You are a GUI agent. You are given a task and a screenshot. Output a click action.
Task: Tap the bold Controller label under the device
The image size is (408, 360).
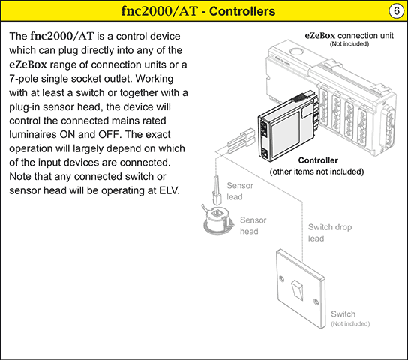[x=318, y=160]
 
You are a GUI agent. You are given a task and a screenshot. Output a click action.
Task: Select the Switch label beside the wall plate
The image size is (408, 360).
[x=343, y=313]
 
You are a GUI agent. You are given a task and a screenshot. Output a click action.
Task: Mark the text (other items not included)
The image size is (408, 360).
[x=318, y=172]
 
